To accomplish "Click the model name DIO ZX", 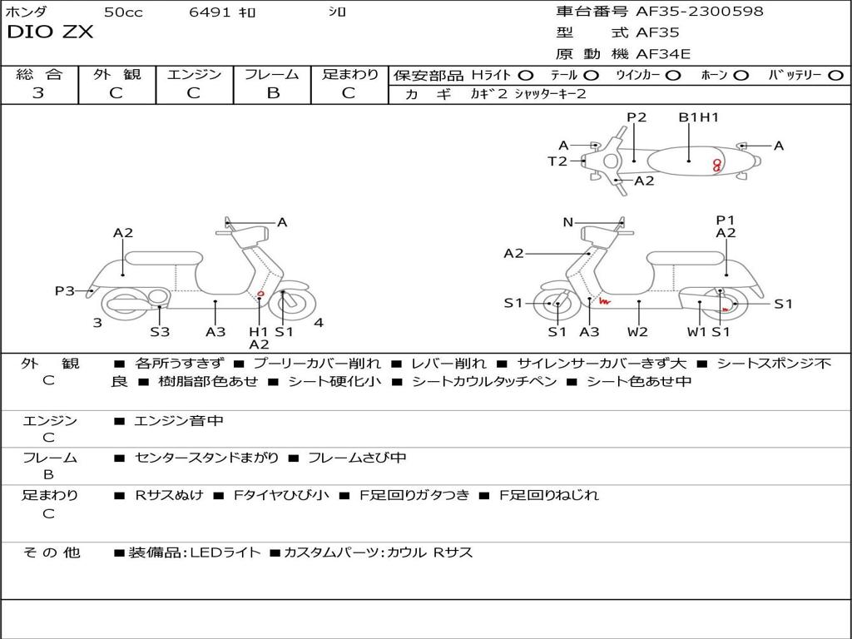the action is [x=51, y=32].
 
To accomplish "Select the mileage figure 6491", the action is [x=209, y=12].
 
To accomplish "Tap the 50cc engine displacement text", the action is [x=123, y=12].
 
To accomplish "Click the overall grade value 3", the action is [x=38, y=93].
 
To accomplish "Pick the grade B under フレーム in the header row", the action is [x=272, y=93].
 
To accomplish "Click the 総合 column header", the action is [x=39, y=75].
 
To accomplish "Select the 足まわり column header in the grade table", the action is [x=349, y=75].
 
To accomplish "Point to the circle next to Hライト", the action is [x=526, y=76].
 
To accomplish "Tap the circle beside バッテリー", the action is [x=835, y=76].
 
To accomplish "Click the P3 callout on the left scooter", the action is [x=65, y=290].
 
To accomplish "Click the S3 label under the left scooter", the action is [x=160, y=331].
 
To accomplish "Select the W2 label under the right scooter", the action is [x=638, y=331].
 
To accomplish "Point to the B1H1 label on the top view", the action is [x=698, y=117].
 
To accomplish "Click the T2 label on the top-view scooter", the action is [x=557, y=161].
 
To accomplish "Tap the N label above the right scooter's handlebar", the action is [x=567, y=222].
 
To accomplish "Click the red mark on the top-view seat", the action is [x=716, y=165].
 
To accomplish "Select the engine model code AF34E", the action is [x=663, y=54].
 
